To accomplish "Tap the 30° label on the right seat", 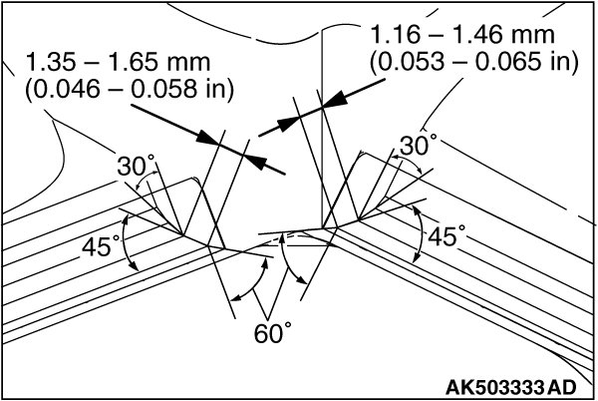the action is [x=418, y=146].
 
